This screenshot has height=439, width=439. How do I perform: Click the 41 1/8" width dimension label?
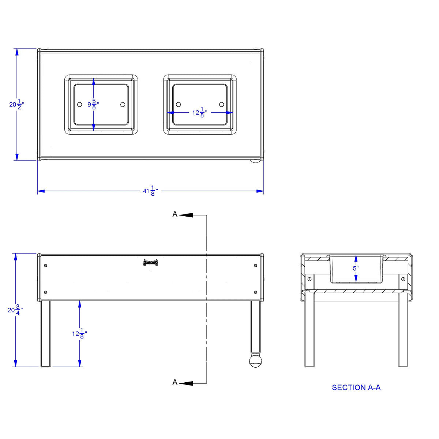(x=150, y=191)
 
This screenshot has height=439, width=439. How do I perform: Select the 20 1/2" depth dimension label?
(x=16, y=104)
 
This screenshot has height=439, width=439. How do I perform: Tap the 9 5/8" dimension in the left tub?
(x=93, y=104)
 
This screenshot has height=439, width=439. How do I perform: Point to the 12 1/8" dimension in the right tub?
(x=200, y=112)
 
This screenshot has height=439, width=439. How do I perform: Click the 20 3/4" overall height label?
(x=15, y=310)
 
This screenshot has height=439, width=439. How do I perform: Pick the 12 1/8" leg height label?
(x=79, y=334)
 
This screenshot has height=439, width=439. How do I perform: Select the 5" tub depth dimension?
(x=356, y=269)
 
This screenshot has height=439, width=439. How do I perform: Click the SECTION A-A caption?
(x=356, y=387)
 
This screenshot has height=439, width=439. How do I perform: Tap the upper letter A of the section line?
(x=175, y=214)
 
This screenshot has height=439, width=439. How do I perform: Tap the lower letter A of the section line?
(x=175, y=382)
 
